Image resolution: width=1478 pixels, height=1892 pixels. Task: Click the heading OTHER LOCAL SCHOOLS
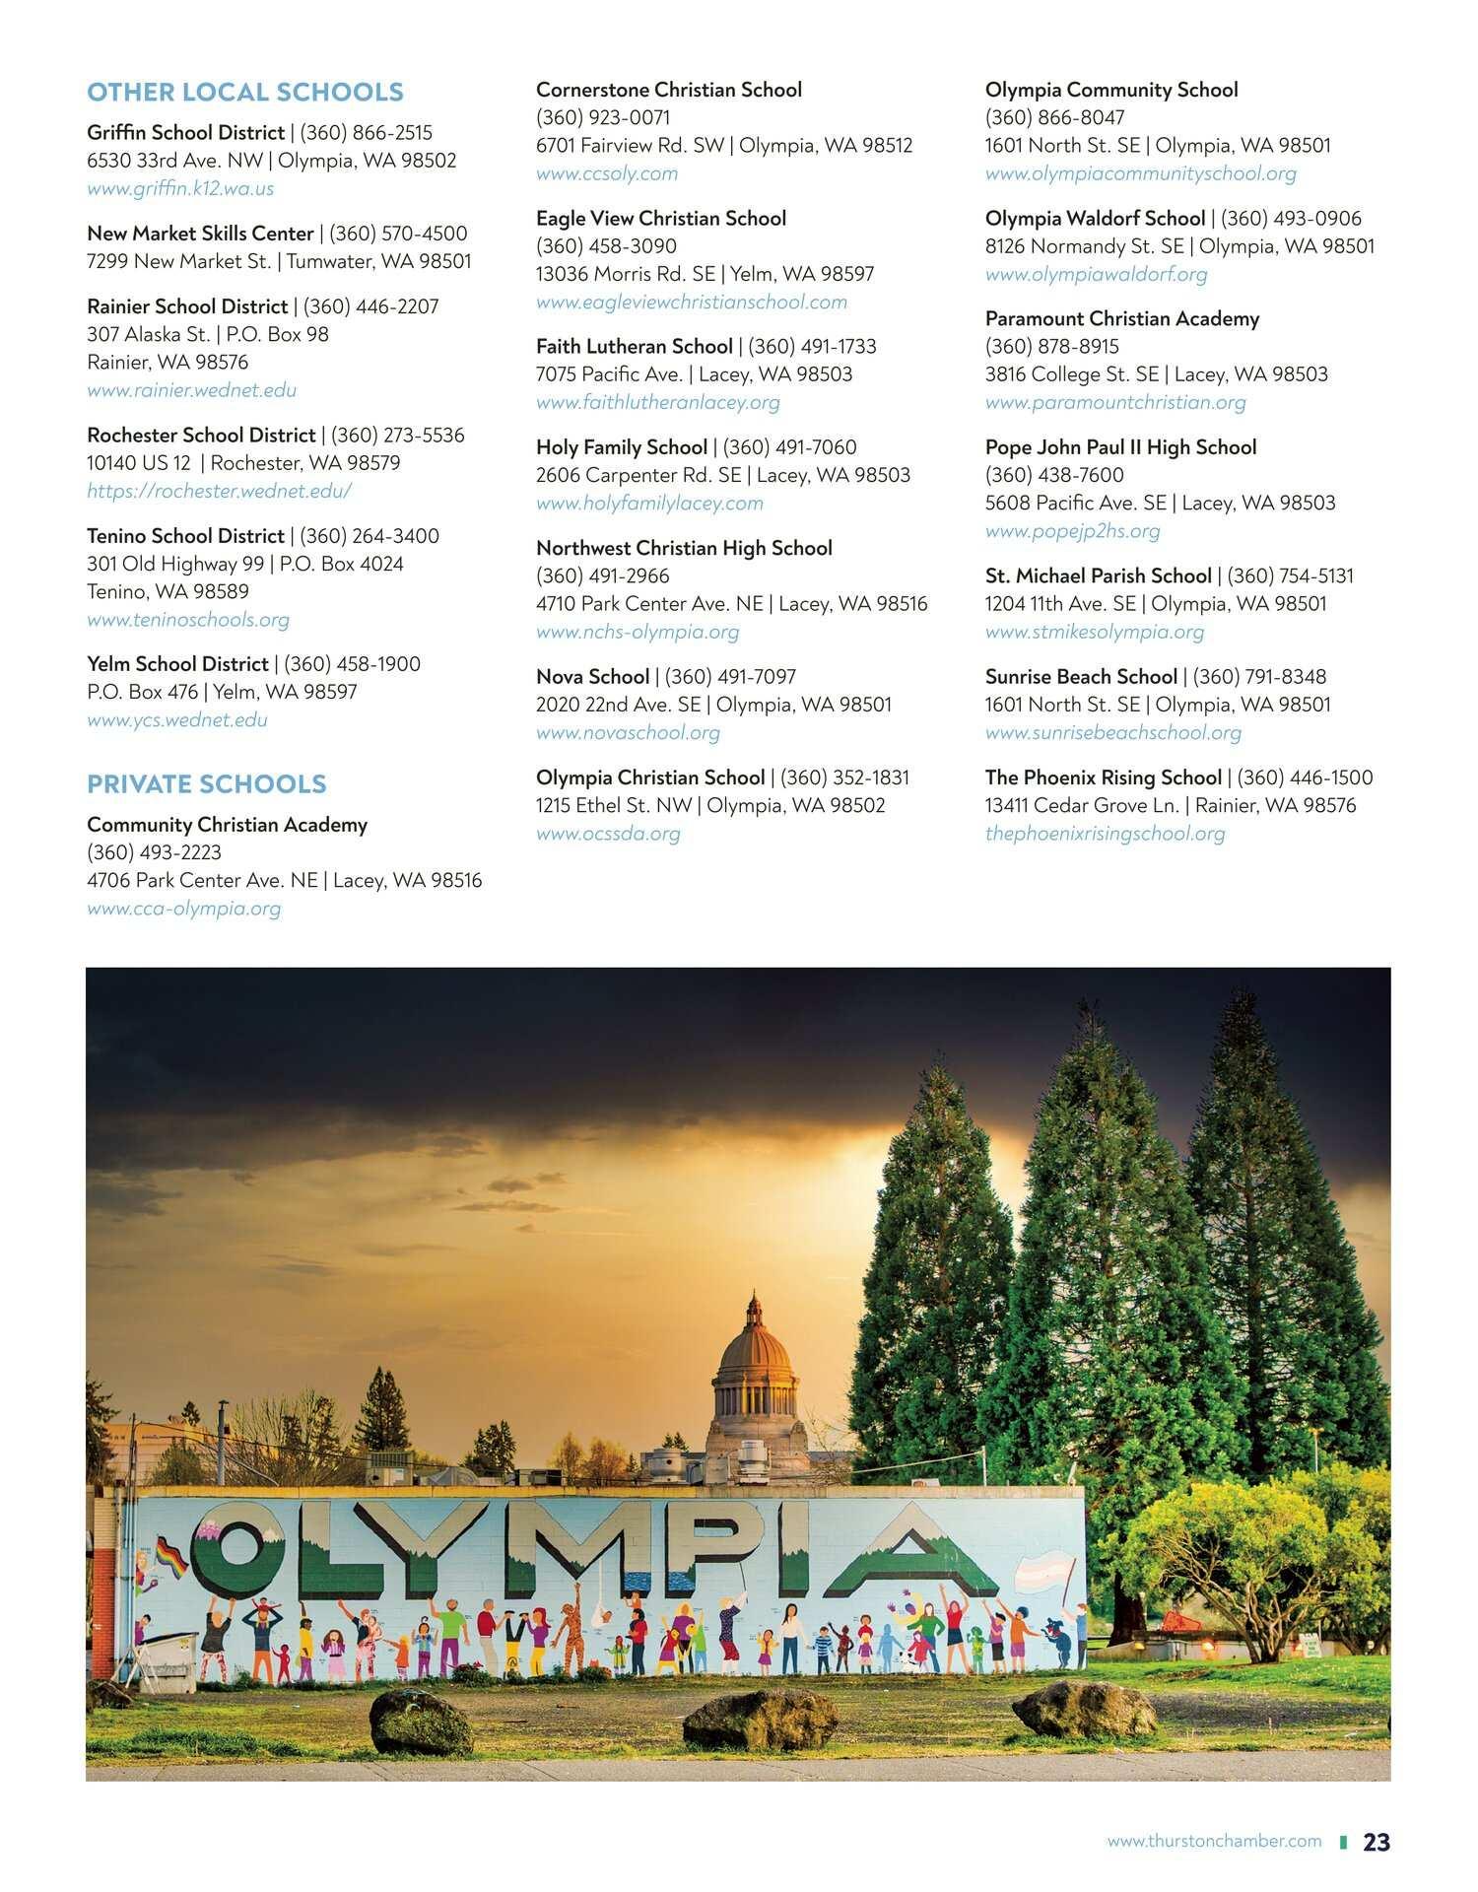(245, 93)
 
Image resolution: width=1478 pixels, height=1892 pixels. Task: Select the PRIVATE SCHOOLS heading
(207, 784)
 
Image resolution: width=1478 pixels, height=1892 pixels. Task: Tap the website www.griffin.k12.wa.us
(180, 188)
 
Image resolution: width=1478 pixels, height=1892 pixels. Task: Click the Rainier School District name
(187, 306)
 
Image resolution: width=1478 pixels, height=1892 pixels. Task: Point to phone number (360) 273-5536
(397, 436)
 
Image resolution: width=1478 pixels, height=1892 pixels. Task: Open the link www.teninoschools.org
(188, 620)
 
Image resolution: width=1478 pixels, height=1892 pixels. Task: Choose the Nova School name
(592, 677)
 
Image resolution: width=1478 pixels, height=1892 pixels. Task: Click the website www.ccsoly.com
(607, 173)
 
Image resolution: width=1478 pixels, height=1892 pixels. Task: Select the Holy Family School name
(622, 447)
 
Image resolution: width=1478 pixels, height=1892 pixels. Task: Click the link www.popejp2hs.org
(1072, 531)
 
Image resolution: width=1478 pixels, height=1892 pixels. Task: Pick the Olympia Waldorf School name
(1095, 219)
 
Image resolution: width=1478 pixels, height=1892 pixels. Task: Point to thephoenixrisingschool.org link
(1105, 834)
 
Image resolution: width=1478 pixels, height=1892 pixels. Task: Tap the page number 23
(1377, 1842)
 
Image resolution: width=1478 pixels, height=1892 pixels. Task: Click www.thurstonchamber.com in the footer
(1214, 1841)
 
